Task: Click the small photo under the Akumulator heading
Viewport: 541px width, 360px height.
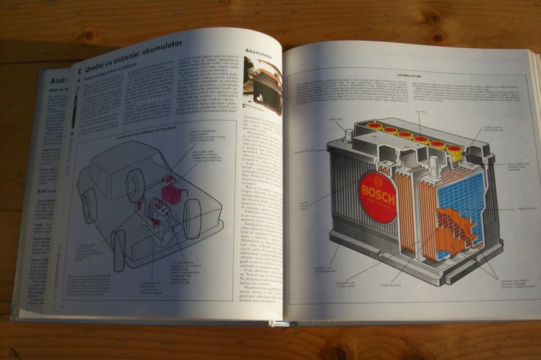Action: pos(262,85)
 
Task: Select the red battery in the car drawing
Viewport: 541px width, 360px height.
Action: pos(172,193)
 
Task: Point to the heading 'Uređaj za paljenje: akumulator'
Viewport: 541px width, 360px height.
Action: pos(134,53)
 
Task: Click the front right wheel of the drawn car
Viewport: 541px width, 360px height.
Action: pos(192,218)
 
